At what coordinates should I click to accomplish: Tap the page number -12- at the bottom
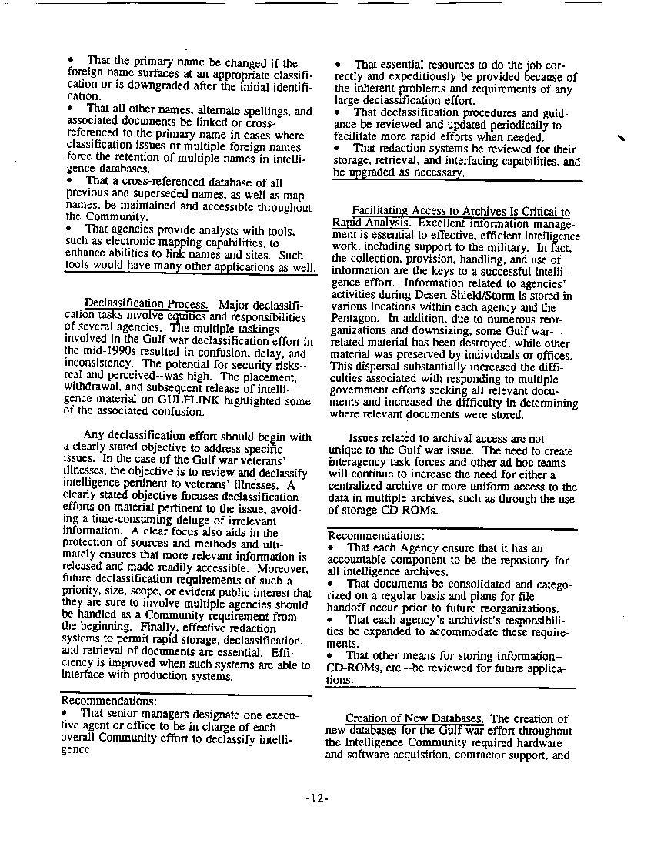click(x=316, y=798)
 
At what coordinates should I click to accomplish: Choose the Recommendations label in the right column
click(x=375, y=535)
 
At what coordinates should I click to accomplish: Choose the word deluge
click(x=194, y=521)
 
